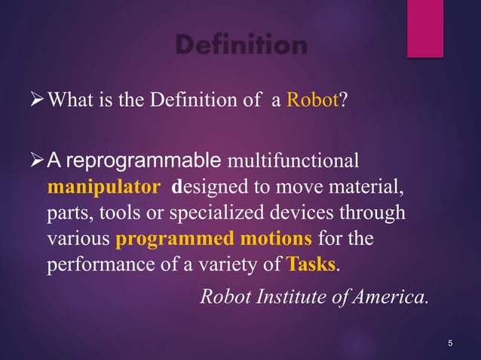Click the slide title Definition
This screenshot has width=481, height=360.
(x=240, y=46)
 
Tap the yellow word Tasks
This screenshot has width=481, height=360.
(x=311, y=266)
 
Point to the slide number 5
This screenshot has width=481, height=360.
(x=450, y=344)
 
